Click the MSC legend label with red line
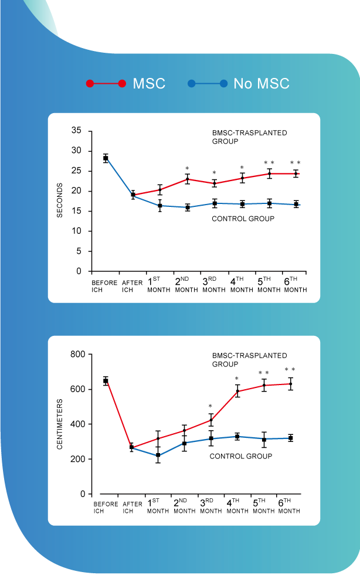coord(149,84)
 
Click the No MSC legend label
coord(261,84)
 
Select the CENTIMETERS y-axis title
coord(60,424)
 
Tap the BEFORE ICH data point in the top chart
coord(106,158)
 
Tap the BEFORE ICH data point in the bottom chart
coord(106,381)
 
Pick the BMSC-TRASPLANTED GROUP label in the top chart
coord(249,137)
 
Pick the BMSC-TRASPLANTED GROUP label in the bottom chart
coord(249,360)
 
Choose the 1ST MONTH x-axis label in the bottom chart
coord(158,506)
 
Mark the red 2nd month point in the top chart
coord(188,179)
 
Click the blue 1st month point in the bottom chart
coord(158,455)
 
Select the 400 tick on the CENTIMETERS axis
coord(77,424)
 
